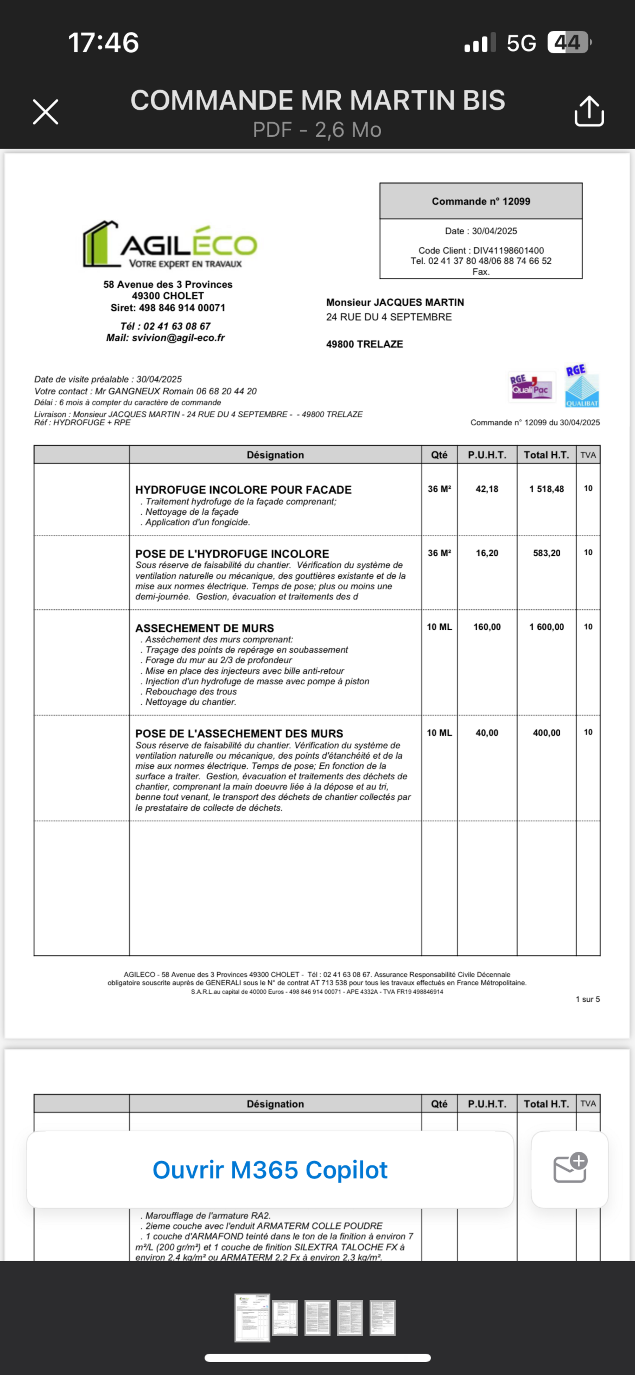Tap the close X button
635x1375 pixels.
click(45, 112)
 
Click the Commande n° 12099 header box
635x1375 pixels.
click(481, 201)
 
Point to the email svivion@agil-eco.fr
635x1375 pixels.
click(165, 338)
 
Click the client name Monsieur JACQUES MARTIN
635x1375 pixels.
click(395, 302)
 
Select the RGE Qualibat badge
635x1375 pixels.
click(582, 386)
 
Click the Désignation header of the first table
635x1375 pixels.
click(275, 455)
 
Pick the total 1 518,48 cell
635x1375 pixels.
click(546, 489)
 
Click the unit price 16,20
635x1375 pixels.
click(487, 553)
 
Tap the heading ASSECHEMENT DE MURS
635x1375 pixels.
click(204, 628)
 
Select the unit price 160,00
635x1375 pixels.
click(487, 627)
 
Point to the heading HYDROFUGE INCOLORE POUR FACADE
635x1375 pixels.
click(243, 490)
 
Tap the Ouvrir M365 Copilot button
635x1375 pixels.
click(270, 1169)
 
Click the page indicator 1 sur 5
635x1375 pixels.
click(587, 999)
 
